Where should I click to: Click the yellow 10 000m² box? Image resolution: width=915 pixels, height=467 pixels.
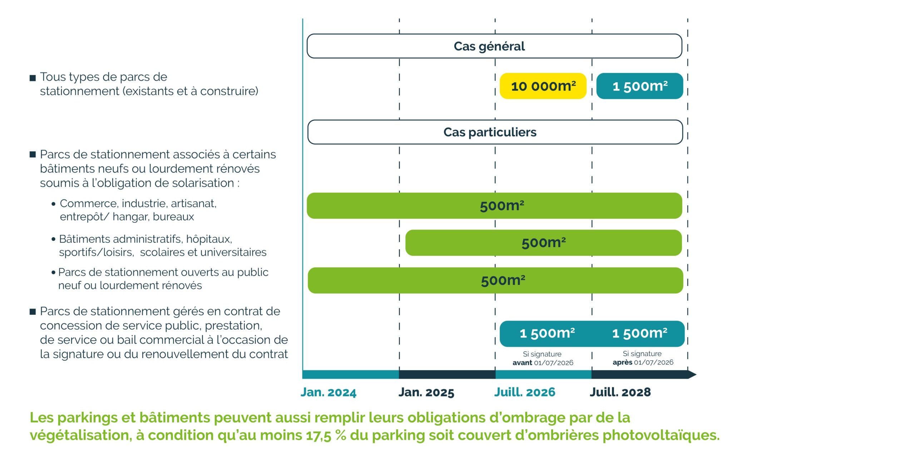pyautogui.click(x=543, y=86)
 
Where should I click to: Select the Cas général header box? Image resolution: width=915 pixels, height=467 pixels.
pyautogui.click(x=494, y=46)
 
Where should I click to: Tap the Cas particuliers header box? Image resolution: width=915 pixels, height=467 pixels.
pyautogui.click(x=495, y=132)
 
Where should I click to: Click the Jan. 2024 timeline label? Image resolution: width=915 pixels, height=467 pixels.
pyautogui.click(x=328, y=392)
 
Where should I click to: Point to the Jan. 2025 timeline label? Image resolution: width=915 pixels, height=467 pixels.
pyautogui.click(x=426, y=392)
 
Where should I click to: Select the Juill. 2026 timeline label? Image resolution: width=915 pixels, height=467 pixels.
pyautogui.click(x=524, y=392)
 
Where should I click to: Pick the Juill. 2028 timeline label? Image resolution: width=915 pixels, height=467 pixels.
pyautogui.click(x=620, y=392)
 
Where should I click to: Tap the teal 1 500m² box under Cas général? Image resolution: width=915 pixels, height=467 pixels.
pyautogui.click(x=640, y=86)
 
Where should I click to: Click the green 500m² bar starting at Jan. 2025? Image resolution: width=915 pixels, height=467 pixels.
pyautogui.click(x=543, y=243)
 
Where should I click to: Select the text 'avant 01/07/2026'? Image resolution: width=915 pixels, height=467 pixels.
pyautogui.click(x=543, y=363)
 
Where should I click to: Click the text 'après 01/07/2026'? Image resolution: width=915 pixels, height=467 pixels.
pyautogui.click(x=643, y=362)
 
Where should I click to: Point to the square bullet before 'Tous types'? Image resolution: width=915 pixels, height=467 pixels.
pyautogui.click(x=33, y=78)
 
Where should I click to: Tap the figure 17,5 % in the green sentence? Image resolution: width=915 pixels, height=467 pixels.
pyautogui.click(x=326, y=436)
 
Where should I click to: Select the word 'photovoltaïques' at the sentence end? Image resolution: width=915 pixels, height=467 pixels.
pyautogui.click(x=661, y=436)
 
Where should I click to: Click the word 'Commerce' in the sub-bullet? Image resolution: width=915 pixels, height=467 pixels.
pyautogui.click(x=88, y=203)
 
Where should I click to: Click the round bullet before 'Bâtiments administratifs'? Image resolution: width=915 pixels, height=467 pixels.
pyautogui.click(x=54, y=239)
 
